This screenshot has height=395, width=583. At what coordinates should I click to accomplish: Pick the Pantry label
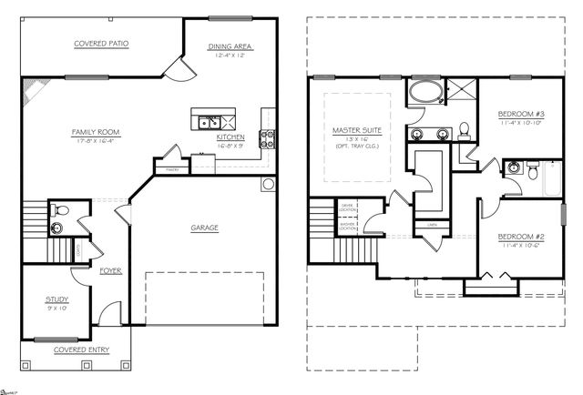(x=170, y=168)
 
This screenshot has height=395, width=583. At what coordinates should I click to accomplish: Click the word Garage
(x=204, y=227)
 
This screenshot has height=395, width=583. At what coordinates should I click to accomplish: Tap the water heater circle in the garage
(x=268, y=186)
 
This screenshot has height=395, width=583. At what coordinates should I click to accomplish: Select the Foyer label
(x=111, y=270)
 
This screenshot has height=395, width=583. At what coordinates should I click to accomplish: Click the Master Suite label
(x=358, y=132)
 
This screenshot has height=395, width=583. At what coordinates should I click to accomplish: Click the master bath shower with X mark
(x=462, y=90)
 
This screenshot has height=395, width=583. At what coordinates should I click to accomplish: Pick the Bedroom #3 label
(x=516, y=114)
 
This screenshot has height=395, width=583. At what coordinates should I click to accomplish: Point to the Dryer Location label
(x=348, y=208)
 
